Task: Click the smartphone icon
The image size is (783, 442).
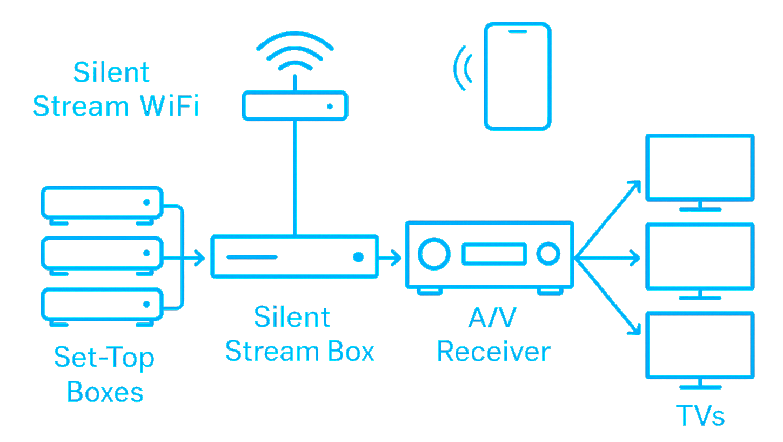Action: [518, 76]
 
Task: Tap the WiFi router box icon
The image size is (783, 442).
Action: [295, 105]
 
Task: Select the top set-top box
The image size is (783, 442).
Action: [102, 202]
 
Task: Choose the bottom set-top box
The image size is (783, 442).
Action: [102, 305]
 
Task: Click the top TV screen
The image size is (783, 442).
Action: [700, 167]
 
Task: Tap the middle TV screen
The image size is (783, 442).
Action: [700, 256]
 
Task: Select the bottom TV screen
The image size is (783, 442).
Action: [700, 345]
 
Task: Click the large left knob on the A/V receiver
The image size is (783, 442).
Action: [433, 253]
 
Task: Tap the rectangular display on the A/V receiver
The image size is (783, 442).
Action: [494, 254]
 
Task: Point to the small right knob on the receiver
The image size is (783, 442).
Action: [548, 253]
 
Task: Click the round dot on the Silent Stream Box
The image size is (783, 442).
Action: [358, 257]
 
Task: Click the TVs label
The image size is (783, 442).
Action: [700, 415]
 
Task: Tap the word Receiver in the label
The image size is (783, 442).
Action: [493, 352]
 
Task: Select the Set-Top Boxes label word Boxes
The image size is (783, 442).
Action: [105, 392]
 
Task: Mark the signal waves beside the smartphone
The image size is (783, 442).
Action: [463, 68]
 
